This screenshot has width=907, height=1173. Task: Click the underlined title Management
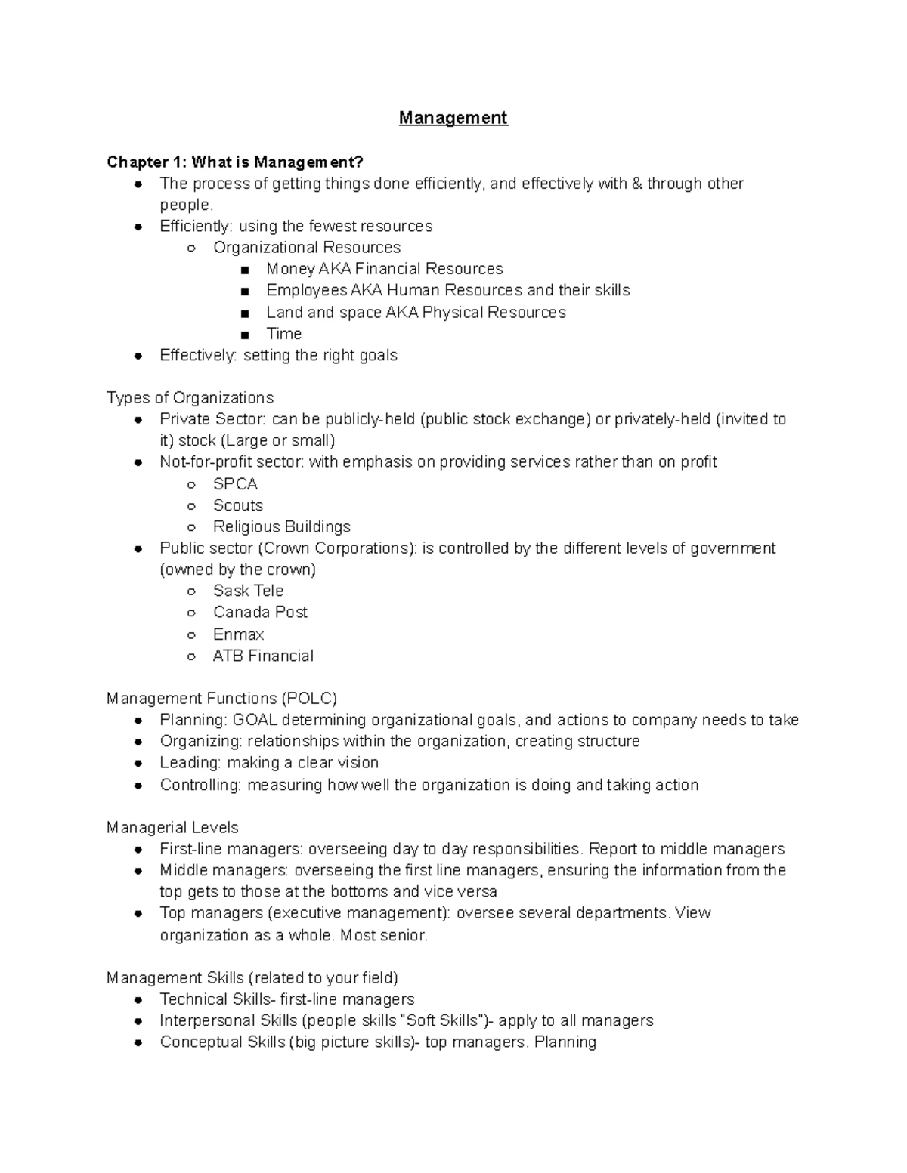click(x=453, y=118)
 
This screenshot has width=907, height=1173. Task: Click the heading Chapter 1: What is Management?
click(x=235, y=162)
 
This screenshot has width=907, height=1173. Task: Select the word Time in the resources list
click(x=283, y=334)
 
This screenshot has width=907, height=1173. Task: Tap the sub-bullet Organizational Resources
click(x=306, y=248)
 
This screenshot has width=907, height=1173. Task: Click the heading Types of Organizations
click(x=190, y=398)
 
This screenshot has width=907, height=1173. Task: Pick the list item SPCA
click(x=235, y=484)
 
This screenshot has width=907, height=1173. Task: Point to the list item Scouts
click(x=237, y=505)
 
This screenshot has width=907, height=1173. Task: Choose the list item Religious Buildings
click(x=281, y=527)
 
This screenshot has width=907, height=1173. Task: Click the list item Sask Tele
click(x=248, y=591)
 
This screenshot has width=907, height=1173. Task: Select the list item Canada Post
click(x=260, y=613)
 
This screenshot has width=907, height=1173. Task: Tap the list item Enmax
click(x=238, y=634)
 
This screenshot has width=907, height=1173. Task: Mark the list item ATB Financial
click(x=263, y=656)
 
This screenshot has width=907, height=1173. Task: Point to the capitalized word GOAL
click(x=255, y=720)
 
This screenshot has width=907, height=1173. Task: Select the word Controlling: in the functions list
click(x=200, y=786)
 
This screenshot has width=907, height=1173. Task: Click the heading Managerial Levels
click(x=172, y=828)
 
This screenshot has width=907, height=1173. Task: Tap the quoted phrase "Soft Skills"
click(x=441, y=1021)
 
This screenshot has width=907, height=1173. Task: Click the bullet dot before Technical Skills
click(x=138, y=1000)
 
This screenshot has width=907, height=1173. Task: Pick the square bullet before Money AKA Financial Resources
click(x=244, y=270)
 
